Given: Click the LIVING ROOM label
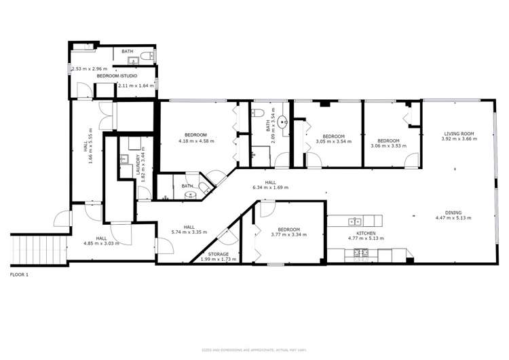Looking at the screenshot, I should (458, 134).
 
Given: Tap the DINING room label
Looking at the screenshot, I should (453, 212).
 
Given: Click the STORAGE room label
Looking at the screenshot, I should (219, 254).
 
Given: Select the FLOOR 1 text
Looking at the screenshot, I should (20, 275).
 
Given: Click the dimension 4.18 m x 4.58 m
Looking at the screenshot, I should (196, 141).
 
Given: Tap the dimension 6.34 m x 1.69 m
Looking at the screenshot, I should (270, 187).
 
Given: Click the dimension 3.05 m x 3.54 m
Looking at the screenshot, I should (334, 141).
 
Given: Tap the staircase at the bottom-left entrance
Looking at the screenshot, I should (39, 249).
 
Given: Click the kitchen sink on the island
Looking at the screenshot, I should (353, 221).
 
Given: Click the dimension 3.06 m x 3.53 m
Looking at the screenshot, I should (388, 145).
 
